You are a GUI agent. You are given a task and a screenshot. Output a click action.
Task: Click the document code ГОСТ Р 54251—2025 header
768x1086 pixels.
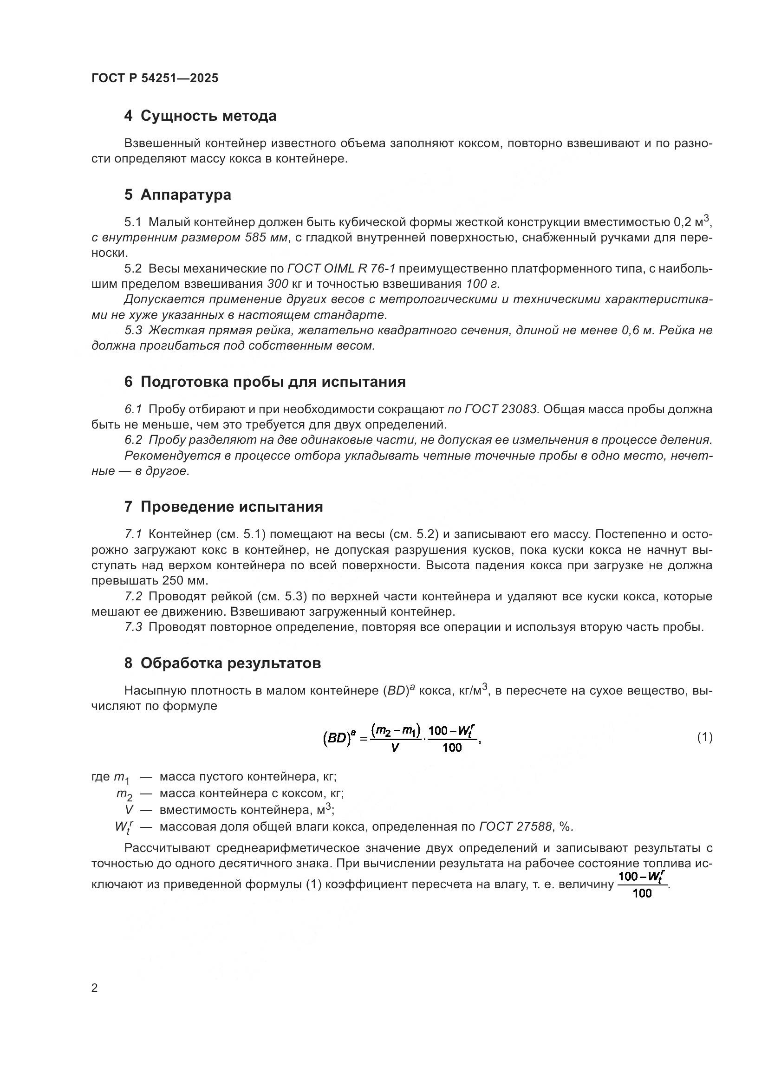[155, 78]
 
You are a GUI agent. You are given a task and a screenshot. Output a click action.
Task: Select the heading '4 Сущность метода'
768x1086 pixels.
[200, 116]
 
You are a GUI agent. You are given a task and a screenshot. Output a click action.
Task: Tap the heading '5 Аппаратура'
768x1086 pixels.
[177, 195]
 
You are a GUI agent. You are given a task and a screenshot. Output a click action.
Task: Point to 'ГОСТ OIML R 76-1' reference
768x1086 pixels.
[341, 269]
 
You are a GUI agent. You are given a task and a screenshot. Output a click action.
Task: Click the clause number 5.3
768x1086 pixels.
[133, 330]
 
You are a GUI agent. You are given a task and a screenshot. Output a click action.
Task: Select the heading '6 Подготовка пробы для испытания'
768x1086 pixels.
[265, 382]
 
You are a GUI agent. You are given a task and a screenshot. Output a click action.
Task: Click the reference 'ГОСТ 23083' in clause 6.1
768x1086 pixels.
[500, 409]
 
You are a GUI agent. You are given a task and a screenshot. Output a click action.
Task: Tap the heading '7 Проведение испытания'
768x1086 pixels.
[223, 507]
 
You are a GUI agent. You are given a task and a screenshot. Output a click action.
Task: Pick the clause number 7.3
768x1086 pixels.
[133, 627]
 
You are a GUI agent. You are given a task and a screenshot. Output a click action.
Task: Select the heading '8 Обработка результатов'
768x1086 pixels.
[222, 663]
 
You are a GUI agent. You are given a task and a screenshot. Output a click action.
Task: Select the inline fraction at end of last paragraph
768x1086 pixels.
[642, 885]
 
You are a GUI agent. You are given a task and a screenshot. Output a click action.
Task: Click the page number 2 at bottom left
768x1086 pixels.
[95, 988]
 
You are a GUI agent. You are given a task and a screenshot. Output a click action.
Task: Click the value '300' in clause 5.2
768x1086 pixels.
[278, 284]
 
